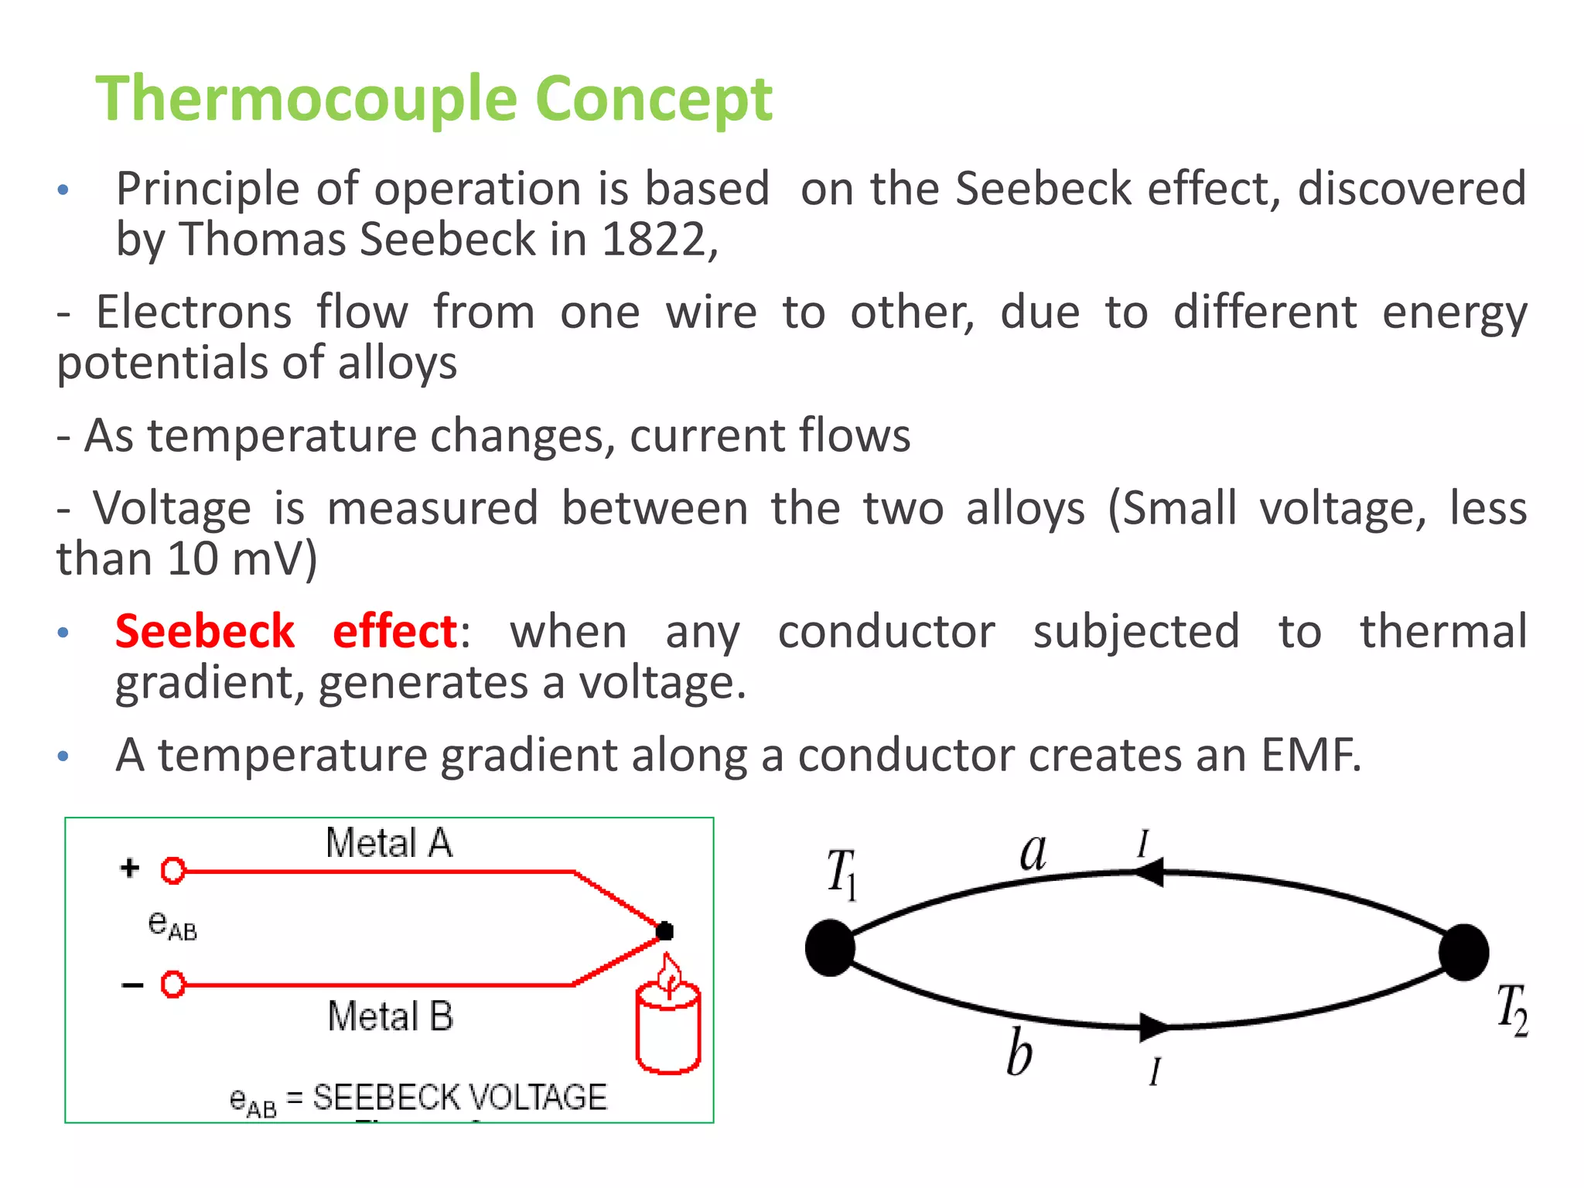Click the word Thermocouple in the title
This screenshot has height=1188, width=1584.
pos(307,99)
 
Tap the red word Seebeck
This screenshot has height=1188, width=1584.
pos(205,632)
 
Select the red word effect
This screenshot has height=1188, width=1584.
pos(395,632)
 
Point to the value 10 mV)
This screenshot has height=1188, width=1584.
pos(242,559)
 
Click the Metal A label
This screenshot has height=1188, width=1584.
pos(389,843)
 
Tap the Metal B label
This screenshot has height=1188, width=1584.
pos(391,1016)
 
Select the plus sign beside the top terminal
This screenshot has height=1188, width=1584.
pos(130,868)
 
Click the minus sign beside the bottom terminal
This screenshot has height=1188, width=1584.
pos(132,985)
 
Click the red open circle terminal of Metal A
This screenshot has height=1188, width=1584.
pos(173,871)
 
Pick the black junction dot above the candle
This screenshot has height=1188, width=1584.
pos(664,931)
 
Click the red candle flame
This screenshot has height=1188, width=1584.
pos(669,976)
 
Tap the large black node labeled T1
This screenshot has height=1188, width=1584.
pos(830,947)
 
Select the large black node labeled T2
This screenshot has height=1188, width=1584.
pos(1463,952)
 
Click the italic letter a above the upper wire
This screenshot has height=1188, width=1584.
pos(1033,853)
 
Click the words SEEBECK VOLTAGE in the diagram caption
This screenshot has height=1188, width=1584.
pos(459,1098)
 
